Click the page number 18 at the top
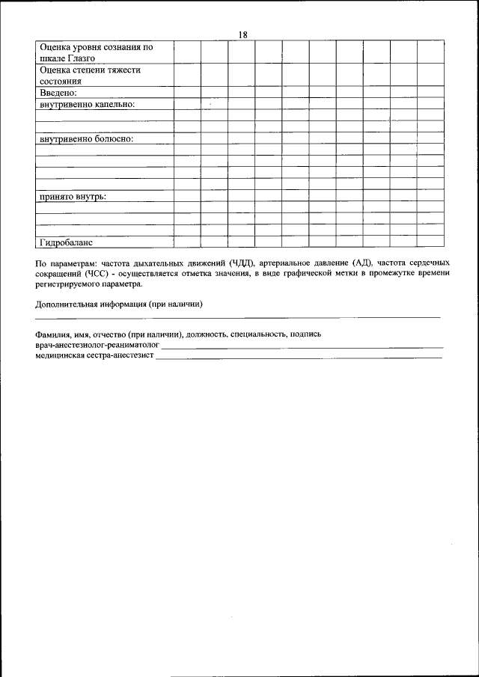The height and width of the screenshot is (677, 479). point(242,34)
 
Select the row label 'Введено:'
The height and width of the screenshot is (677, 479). point(58,93)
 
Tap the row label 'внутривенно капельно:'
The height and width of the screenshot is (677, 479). point(87,105)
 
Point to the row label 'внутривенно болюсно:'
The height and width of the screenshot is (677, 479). point(85,139)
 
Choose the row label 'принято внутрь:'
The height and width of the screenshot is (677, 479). point(72,196)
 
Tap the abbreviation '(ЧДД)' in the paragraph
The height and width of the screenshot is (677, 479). point(242,263)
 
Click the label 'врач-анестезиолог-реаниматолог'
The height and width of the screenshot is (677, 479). point(97,346)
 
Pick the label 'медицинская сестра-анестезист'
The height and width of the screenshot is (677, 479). point(94,357)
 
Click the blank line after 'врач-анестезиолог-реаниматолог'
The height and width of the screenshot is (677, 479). point(302,348)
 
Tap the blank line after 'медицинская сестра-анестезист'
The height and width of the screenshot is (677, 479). point(299,358)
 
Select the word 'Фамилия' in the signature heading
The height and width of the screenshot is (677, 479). point(52,335)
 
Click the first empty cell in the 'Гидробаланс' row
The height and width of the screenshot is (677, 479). point(186,242)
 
